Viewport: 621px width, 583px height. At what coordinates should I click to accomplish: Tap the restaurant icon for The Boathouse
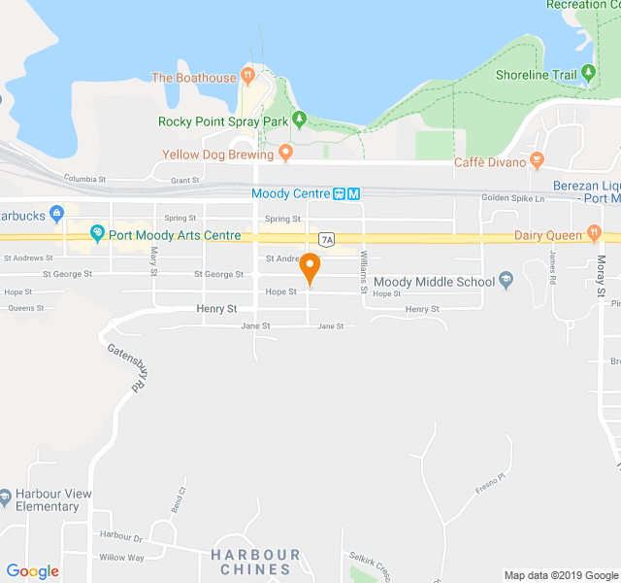247,76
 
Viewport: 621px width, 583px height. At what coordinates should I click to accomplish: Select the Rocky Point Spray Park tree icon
299,120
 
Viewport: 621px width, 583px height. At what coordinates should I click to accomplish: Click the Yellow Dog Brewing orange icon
285,153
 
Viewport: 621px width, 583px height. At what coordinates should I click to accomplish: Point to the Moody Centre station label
290,193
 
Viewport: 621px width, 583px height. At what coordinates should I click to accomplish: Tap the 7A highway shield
326,239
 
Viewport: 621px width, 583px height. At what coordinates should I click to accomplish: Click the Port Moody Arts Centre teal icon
96,234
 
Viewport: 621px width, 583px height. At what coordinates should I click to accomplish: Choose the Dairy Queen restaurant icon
593,234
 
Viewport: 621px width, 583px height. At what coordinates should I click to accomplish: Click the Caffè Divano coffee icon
537,160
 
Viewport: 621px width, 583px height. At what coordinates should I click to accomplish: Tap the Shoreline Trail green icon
588,74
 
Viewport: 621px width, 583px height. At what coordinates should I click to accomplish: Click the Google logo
32,571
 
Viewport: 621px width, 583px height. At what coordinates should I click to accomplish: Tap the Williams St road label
365,266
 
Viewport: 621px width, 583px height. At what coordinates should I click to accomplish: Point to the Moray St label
602,277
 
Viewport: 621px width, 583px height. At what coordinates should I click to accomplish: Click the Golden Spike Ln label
514,198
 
